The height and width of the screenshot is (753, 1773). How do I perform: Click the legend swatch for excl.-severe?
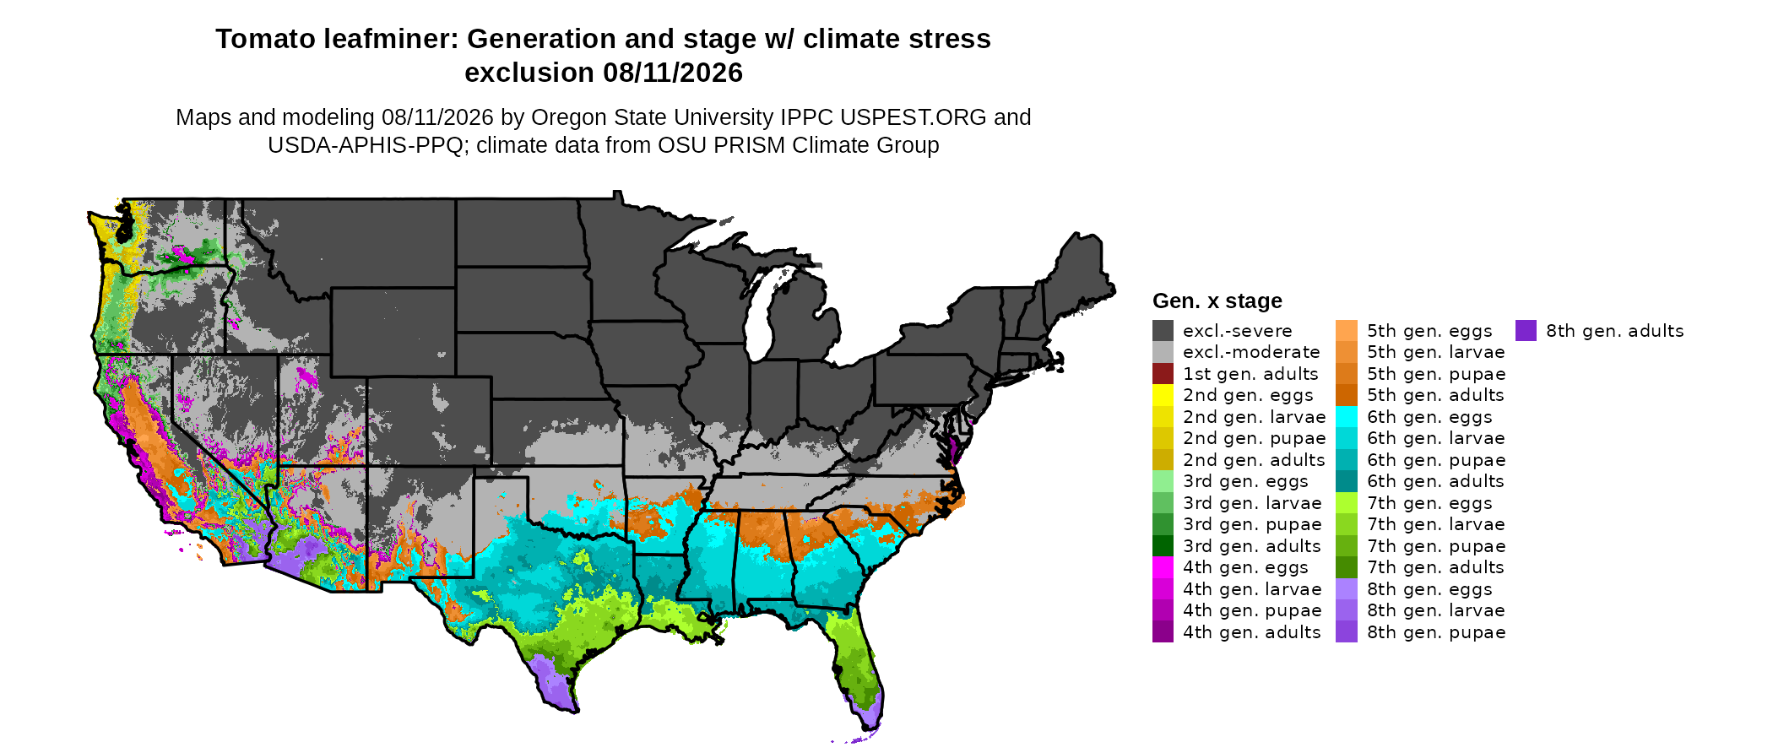(x=1163, y=330)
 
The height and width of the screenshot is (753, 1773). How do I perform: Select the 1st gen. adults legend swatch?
(x=1163, y=373)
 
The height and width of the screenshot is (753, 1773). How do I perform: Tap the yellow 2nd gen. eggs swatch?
(x=1163, y=395)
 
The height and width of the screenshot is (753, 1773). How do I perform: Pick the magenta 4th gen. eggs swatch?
(x=1163, y=567)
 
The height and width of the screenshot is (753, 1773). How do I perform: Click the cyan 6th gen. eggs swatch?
(x=1347, y=416)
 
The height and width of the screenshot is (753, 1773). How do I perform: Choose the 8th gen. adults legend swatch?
(x=1526, y=330)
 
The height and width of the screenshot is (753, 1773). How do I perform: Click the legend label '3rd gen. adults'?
(x=1252, y=546)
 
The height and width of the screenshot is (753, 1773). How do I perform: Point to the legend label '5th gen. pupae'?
(x=1436, y=374)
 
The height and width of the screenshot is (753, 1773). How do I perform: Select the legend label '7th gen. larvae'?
(x=1436, y=524)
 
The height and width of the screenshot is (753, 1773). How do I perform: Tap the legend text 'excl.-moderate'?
(x=1251, y=352)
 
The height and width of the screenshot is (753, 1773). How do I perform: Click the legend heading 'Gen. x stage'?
(x=1217, y=301)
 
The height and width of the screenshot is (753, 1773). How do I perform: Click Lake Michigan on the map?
(x=762, y=312)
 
